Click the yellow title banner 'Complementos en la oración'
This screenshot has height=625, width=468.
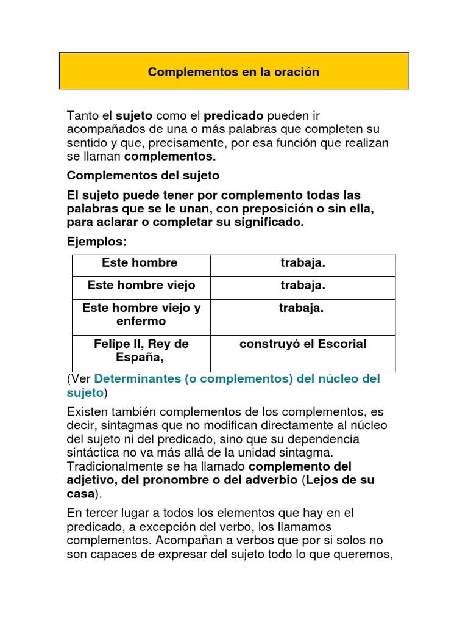point(233,71)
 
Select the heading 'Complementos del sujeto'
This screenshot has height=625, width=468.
point(143,175)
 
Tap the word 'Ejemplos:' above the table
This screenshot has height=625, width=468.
point(97,242)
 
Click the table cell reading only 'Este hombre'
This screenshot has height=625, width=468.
point(140,263)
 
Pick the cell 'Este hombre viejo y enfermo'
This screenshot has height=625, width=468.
point(141,314)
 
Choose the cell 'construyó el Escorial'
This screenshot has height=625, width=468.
point(303,344)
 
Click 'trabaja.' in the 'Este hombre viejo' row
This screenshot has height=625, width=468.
point(303,285)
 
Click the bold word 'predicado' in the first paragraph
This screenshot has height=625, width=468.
point(233,115)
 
